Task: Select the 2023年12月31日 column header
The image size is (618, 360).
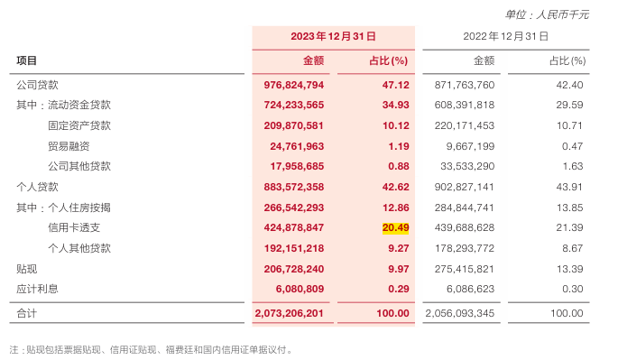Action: point(333,36)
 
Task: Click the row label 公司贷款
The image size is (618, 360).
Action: point(38,85)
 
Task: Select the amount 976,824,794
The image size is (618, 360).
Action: point(291,85)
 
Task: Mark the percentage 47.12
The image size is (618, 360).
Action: point(396,85)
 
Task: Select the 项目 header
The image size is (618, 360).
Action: point(27,60)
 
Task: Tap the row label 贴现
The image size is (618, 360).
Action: point(27,268)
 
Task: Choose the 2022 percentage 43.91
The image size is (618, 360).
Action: point(570,187)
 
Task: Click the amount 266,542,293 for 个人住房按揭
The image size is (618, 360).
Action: point(291,208)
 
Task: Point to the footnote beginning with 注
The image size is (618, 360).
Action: point(151,348)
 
